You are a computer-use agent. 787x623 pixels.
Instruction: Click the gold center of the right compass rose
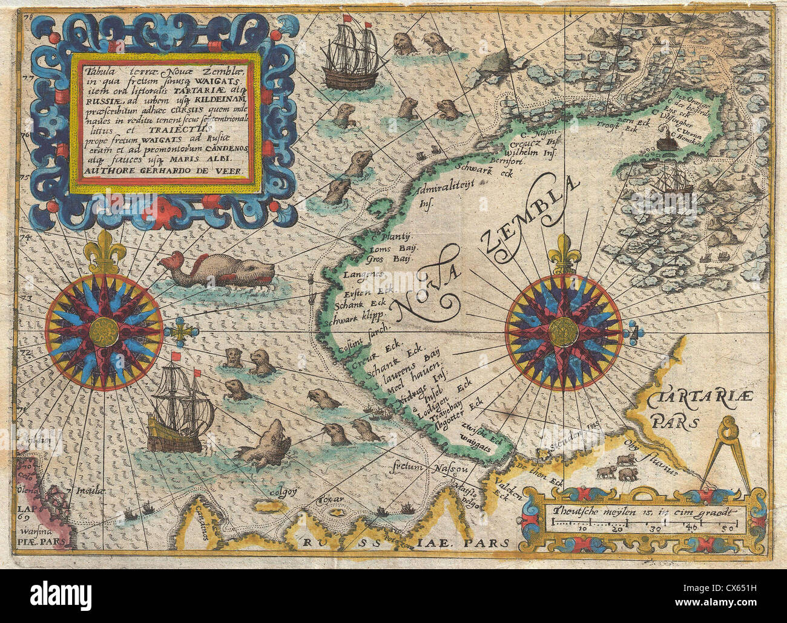[x=564, y=331]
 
